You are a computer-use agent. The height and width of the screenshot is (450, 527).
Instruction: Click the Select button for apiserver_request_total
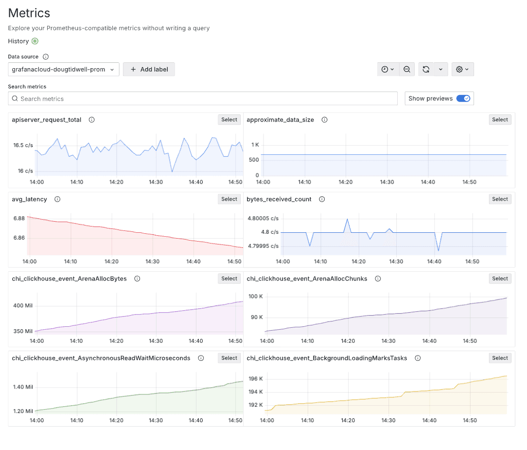pos(229,120)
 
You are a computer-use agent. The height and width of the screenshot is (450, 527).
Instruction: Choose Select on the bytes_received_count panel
pos(500,199)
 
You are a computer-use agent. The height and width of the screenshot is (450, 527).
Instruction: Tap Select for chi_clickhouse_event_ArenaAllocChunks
pos(500,279)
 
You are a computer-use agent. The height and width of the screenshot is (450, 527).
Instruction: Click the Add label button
pos(149,69)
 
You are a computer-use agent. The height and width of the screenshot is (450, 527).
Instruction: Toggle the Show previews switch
pos(463,98)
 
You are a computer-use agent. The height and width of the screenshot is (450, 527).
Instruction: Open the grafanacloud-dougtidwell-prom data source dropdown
pos(64,69)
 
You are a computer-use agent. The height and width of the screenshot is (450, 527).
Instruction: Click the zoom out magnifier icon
pos(407,69)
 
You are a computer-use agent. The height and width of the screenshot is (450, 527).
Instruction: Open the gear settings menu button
pos(462,69)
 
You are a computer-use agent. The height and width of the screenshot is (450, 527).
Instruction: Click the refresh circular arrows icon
pos(426,69)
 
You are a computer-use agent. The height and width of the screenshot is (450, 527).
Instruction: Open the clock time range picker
pos(387,69)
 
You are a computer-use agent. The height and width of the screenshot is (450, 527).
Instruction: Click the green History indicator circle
pos(35,41)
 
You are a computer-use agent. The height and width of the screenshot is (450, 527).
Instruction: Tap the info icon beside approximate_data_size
pos(324,120)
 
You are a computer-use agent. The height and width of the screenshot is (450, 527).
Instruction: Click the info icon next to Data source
pos(46,57)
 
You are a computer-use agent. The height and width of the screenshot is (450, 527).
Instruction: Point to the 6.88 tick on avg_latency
pos(19,219)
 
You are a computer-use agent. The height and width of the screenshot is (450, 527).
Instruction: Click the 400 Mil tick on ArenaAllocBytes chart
pos(22,306)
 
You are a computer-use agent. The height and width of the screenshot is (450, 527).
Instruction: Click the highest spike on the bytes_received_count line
pos(347,219)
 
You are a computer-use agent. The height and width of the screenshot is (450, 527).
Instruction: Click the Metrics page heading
pos(29,13)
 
